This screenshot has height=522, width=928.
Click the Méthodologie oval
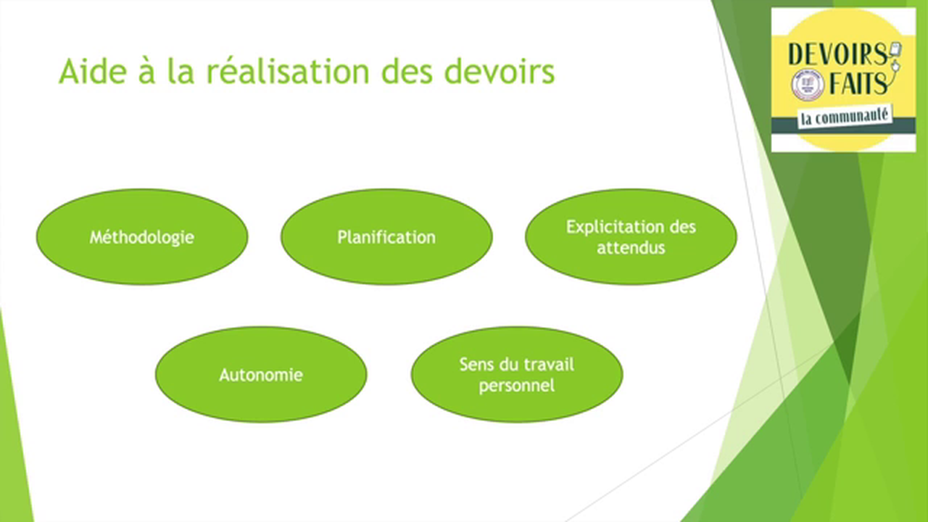142,237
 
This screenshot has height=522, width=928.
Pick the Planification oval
386,237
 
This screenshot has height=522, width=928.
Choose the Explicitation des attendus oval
631,237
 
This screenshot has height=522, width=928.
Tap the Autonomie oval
261,375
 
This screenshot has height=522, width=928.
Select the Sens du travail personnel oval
517,375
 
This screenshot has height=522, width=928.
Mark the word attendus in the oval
631,248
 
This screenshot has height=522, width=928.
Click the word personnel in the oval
517,386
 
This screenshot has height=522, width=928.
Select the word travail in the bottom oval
544,364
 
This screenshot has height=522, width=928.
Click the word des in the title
411,72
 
